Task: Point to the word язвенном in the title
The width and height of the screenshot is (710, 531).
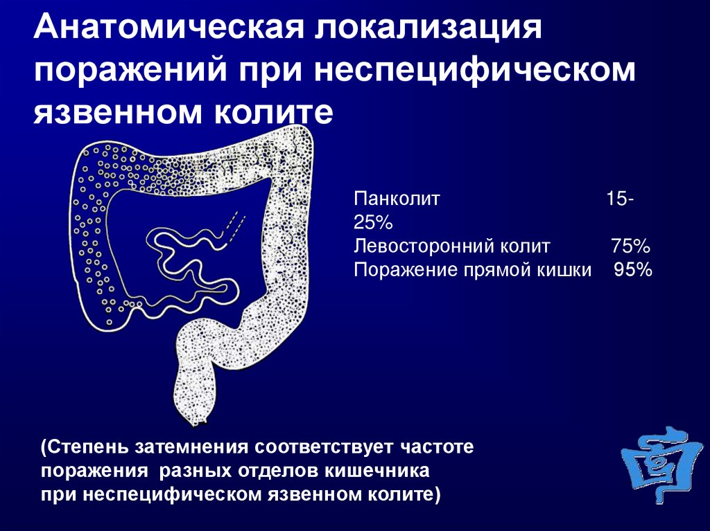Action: [x=117, y=112]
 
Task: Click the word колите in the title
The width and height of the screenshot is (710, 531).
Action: [x=273, y=112]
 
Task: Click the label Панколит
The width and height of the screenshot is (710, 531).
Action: [x=397, y=199]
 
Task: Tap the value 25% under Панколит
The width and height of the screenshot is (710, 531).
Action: [x=373, y=222]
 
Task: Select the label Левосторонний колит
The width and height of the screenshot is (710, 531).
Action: [x=452, y=246]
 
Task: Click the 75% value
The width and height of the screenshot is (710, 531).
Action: [x=631, y=246]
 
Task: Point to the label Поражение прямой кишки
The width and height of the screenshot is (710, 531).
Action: [x=473, y=270]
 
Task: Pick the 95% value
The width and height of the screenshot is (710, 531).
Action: [x=633, y=270]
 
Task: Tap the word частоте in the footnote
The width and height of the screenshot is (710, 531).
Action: [x=437, y=447]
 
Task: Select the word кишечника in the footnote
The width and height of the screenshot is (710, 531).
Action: [x=376, y=471]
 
